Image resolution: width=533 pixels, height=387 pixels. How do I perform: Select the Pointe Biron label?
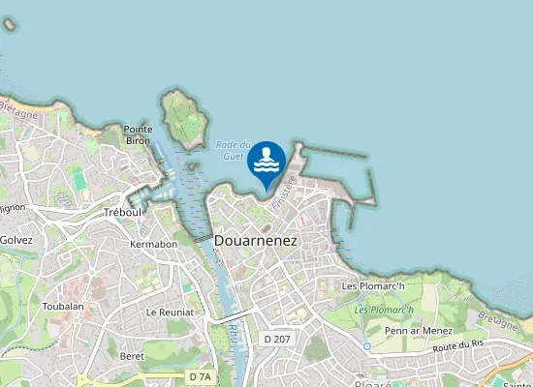(137, 134)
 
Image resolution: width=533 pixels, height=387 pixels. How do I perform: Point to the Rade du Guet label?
(233, 150)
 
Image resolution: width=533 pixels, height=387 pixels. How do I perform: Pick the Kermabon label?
(153, 245)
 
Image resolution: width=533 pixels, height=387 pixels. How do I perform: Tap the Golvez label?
(16, 240)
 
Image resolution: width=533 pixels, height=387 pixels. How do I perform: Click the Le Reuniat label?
(170, 313)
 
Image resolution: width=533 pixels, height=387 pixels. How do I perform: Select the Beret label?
(132, 356)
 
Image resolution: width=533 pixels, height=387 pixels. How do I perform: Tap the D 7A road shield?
(200, 375)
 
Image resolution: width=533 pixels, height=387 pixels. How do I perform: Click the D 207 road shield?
(276, 340)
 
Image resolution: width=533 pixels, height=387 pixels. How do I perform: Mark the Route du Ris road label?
(458, 345)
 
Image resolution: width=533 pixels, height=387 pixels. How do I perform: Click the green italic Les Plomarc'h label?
(384, 310)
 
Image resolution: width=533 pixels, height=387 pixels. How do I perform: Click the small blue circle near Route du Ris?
(367, 345)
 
